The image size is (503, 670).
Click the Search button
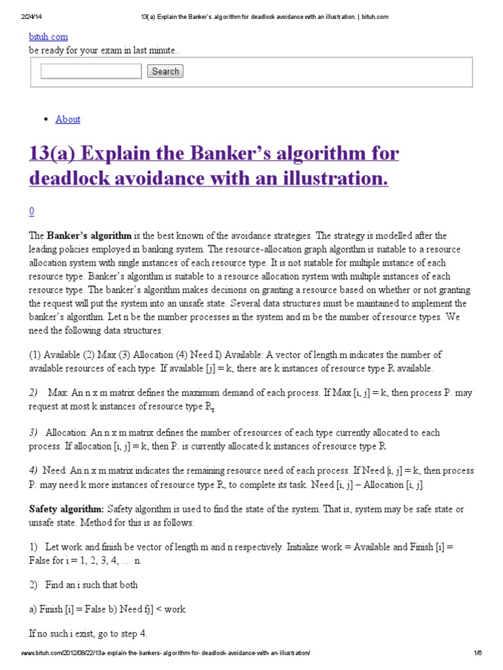[x=165, y=71]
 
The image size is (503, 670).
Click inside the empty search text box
[x=91, y=71]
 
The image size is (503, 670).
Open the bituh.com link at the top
[x=48, y=37]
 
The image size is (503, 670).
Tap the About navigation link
[x=68, y=119]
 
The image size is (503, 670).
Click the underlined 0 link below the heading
[x=31, y=211]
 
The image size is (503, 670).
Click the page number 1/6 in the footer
[x=477, y=653]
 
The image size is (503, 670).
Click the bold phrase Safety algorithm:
[x=66, y=509]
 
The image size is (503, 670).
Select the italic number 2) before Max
[x=33, y=393]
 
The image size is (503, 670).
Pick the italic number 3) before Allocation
[x=33, y=432]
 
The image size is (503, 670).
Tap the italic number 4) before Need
[x=33, y=470]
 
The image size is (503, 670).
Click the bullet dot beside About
[x=45, y=119]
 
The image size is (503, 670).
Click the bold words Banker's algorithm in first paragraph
[x=89, y=236]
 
